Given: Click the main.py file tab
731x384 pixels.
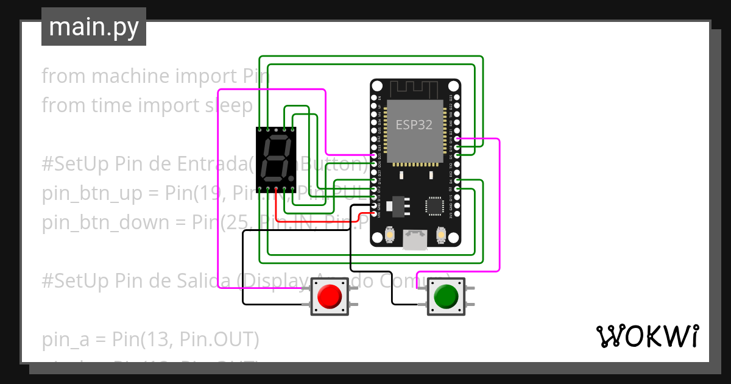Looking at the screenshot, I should tap(93, 27).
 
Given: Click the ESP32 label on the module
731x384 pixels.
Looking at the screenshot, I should tap(414, 125).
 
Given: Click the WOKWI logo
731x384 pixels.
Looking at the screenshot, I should tap(646, 336).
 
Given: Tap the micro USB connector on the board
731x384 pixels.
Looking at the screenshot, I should tap(415, 240).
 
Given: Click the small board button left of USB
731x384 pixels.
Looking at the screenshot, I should tap(390, 235).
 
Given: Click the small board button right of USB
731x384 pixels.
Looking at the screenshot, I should tap(442, 235).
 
